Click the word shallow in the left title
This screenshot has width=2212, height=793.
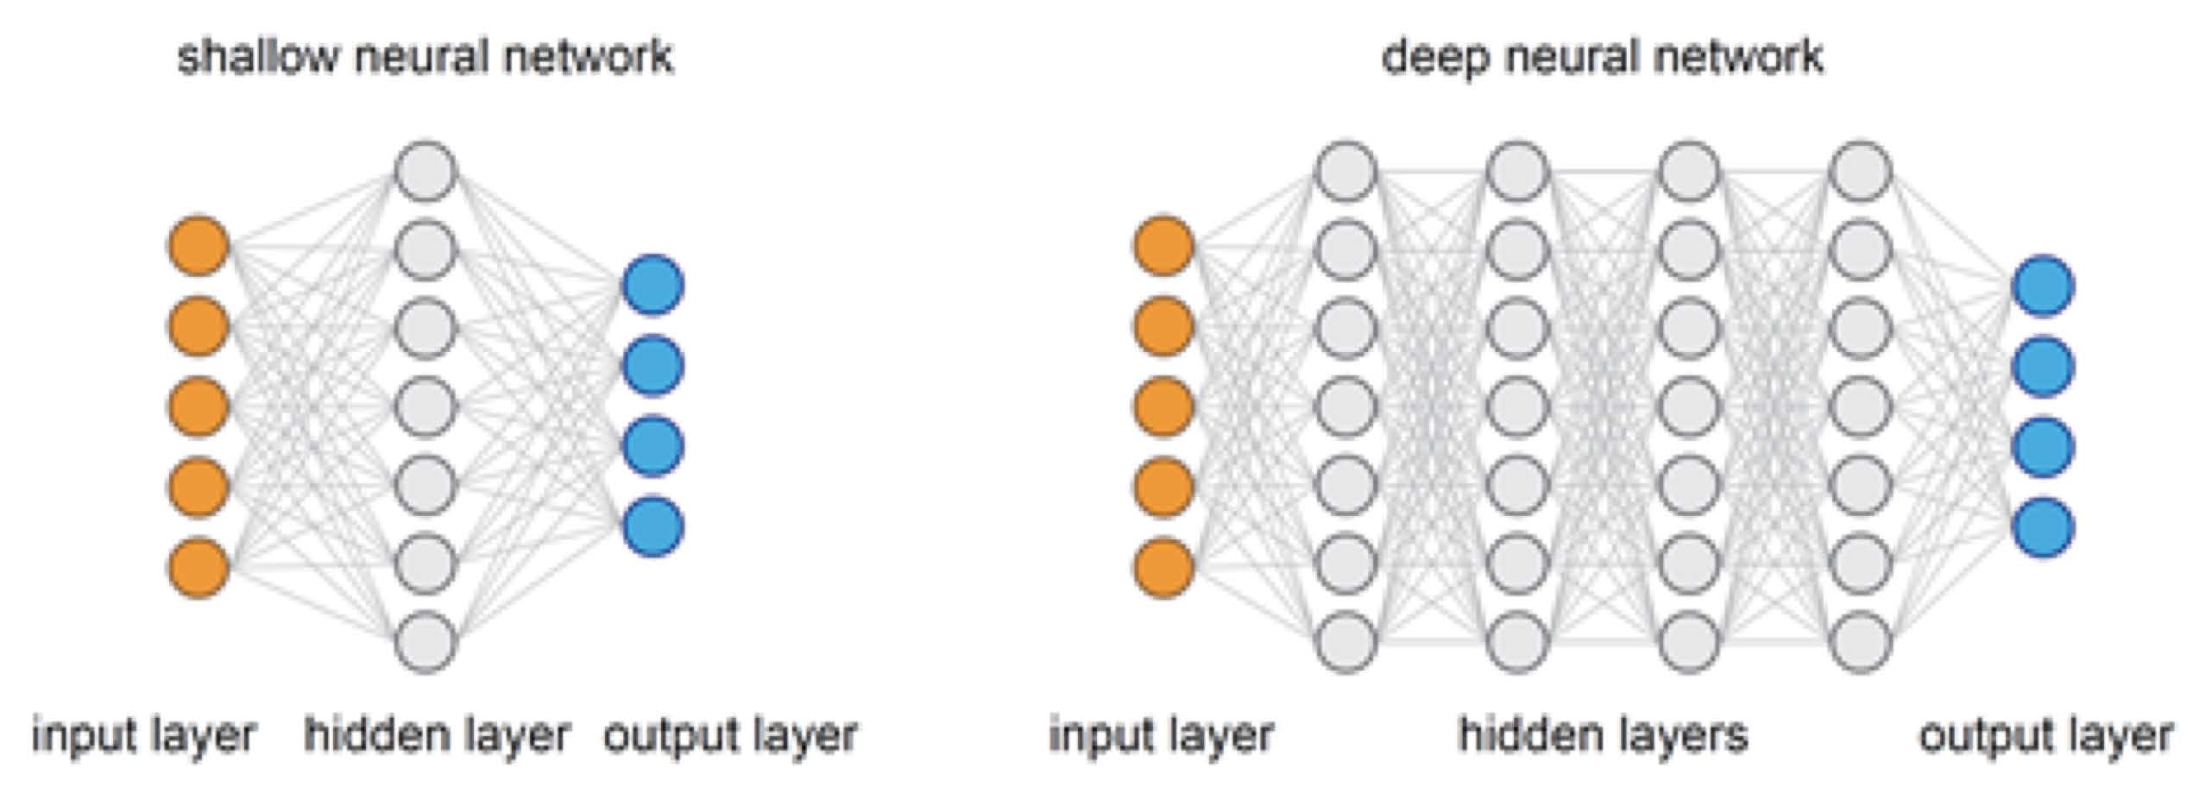(x=256, y=57)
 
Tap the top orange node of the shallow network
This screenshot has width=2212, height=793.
(x=199, y=246)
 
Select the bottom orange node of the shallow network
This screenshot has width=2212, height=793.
(x=199, y=567)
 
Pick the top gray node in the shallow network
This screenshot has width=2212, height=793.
(x=425, y=172)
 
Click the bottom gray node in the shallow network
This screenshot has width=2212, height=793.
(x=425, y=642)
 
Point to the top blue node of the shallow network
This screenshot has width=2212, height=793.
(x=653, y=286)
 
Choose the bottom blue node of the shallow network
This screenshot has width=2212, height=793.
(x=653, y=526)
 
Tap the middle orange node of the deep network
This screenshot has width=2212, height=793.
(x=1163, y=406)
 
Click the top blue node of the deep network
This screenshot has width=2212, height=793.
(x=2043, y=286)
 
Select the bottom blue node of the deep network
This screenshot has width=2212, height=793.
(x=2043, y=527)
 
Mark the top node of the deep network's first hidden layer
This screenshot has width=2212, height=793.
(x=1345, y=172)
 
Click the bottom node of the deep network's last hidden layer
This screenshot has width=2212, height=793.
(x=1861, y=642)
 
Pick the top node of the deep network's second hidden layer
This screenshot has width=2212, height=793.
(x=1518, y=172)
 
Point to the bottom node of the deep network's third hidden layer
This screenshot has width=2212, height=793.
(x=1689, y=642)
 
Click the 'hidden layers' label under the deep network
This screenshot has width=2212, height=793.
(x=1603, y=735)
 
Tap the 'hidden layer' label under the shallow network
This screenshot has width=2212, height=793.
(x=437, y=735)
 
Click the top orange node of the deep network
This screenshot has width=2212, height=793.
(x=1163, y=246)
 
